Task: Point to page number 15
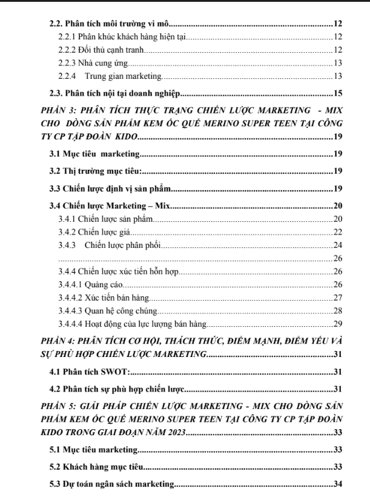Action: tap(339, 93)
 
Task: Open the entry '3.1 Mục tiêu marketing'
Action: tap(95, 153)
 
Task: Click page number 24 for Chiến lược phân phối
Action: tap(339, 245)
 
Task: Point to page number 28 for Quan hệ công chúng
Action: tap(339, 311)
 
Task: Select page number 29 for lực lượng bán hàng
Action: tap(339, 324)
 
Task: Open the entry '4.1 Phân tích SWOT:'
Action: tap(89, 372)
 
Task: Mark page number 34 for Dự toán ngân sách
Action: tap(339, 484)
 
